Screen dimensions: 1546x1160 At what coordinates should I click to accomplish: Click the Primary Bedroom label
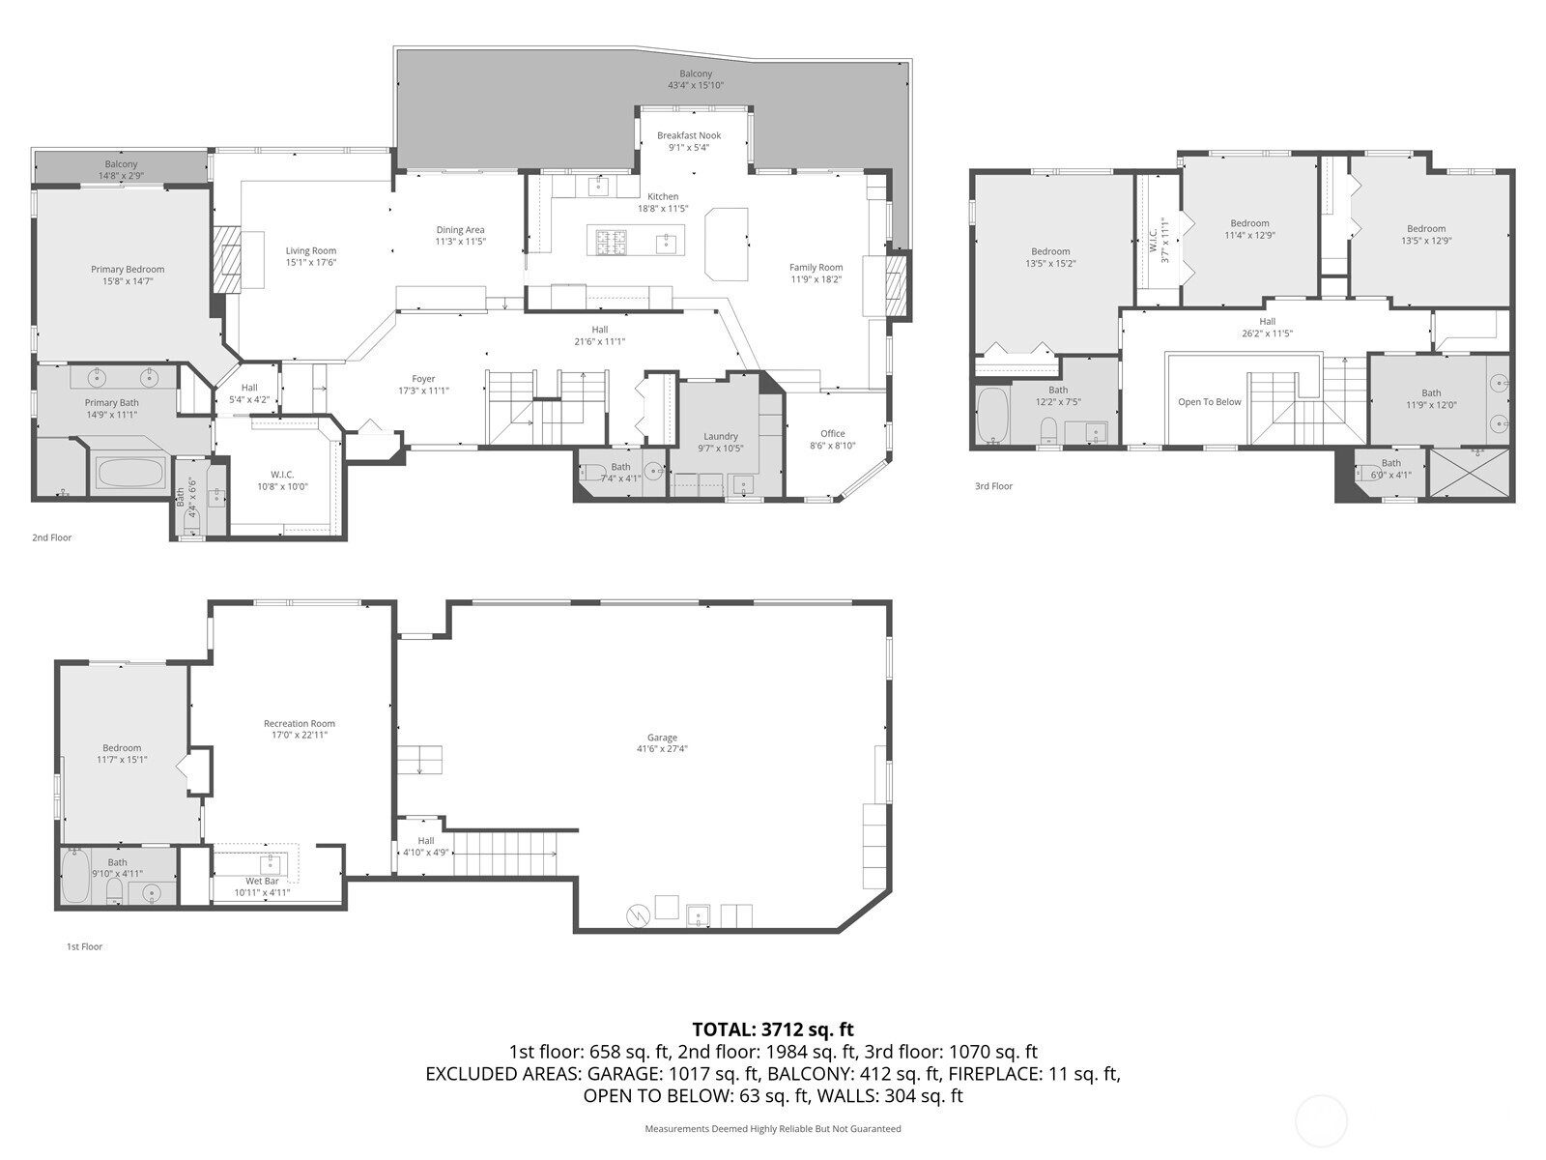(x=128, y=269)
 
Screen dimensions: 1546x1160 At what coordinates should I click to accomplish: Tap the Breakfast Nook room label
(x=689, y=135)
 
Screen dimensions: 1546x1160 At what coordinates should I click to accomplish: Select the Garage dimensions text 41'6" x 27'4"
(x=662, y=748)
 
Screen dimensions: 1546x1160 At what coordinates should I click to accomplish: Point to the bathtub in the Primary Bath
(x=131, y=473)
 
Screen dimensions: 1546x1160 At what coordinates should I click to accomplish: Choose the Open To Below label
(x=1210, y=401)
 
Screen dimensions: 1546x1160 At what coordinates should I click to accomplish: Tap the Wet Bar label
(x=262, y=881)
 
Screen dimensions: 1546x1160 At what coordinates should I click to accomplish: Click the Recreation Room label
(x=300, y=723)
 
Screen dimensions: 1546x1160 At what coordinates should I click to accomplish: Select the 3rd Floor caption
(x=994, y=486)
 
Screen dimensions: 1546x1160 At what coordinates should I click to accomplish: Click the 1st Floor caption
(x=84, y=946)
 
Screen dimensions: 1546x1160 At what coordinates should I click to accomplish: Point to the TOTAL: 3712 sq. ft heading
(x=773, y=1029)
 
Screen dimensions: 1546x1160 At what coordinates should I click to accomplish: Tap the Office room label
(x=833, y=433)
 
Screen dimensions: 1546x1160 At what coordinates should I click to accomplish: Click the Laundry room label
(x=721, y=436)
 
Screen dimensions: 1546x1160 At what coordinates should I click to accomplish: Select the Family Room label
(x=816, y=267)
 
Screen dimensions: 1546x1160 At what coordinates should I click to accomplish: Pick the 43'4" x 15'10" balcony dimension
(x=696, y=85)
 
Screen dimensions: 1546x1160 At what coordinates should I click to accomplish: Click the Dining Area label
(x=460, y=230)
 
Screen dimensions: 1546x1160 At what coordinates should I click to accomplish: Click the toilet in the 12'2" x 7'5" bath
(x=1048, y=429)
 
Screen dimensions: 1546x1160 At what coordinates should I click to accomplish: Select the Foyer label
(x=423, y=379)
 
